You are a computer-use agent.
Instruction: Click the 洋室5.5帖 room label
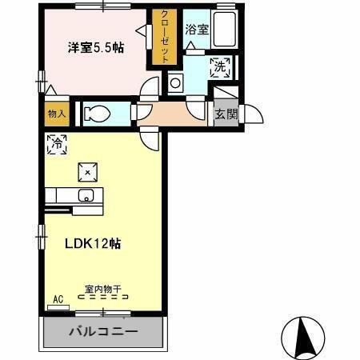[x=95, y=47]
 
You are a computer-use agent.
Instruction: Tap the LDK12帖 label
[x=92, y=244]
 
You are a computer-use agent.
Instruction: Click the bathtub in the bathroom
[x=225, y=31]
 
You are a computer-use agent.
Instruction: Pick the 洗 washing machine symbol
[x=218, y=67]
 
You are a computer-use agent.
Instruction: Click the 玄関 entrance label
[x=226, y=114]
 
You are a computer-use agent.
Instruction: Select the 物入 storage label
[x=56, y=114]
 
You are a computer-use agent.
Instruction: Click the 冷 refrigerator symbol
[x=57, y=145]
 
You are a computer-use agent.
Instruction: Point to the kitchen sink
[x=86, y=196]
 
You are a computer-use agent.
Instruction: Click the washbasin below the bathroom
[x=175, y=81]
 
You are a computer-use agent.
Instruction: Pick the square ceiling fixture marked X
[x=87, y=171]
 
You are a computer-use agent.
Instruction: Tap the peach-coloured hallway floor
[x=172, y=113]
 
